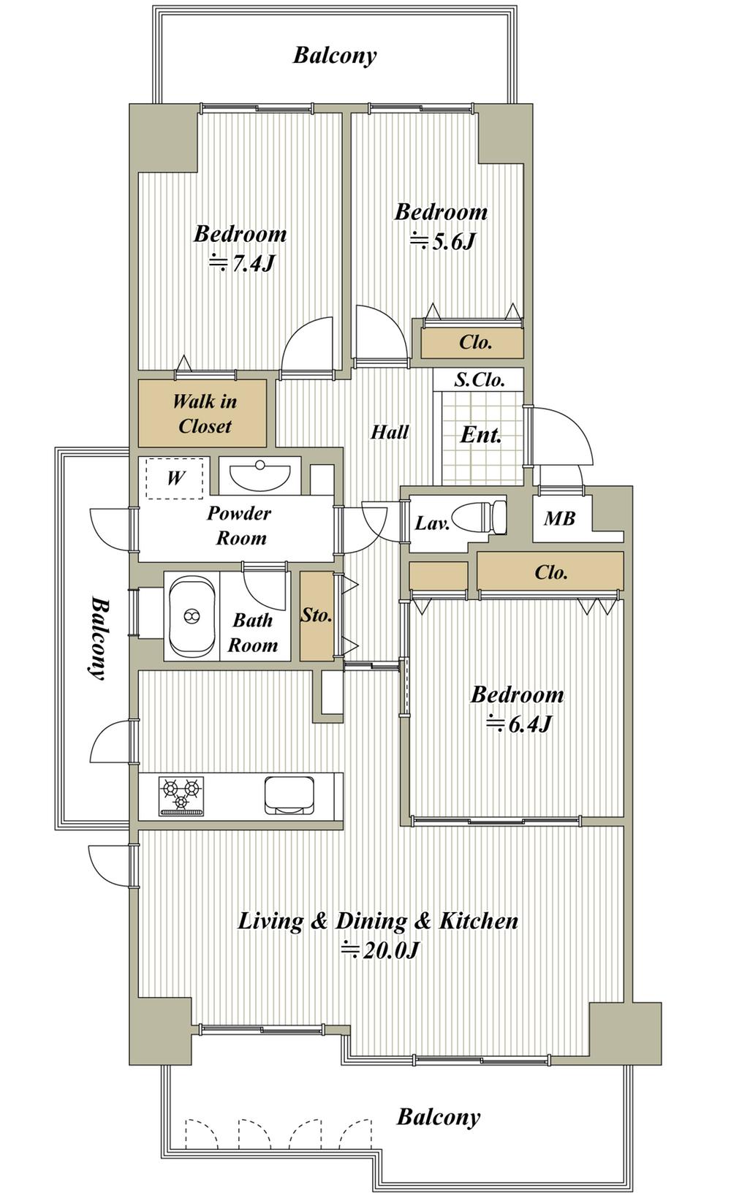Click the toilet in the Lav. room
(x=479, y=518)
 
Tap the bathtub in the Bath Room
(x=192, y=617)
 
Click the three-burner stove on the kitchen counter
(x=181, y=796)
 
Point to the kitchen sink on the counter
(x=289, y=795)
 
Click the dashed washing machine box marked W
(x=175, y=478)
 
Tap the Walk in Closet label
(x=205, y=414)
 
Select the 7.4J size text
(x=242, y=263)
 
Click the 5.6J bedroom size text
(x=442, y=241)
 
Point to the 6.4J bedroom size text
(x=518, y=724)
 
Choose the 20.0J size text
(x=380, y=950)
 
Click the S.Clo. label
(x=479, y=380)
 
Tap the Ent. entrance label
(x=481, y=435)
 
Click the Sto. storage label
(x=317, y=615)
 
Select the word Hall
(x=390, y=431)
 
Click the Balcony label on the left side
(x=98, y=638)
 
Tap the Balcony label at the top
(x=335, y=56)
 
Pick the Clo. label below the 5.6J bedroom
(x=475, y=342)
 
